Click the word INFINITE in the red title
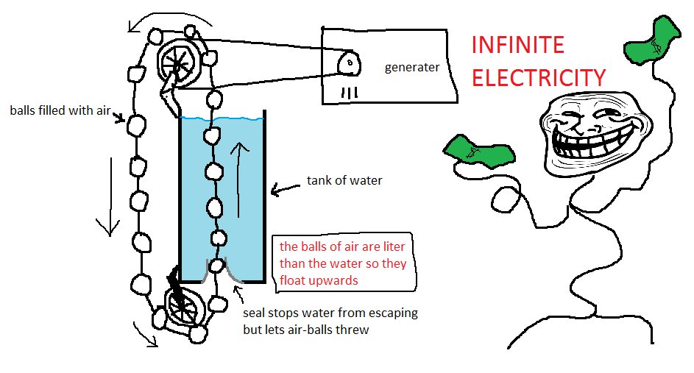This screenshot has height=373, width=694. click(x=517, y=46)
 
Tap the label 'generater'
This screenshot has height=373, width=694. click(x=412, y=68)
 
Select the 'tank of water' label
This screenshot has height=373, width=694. click(x=344, y=180)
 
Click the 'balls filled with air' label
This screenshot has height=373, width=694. click(x=60, y=111)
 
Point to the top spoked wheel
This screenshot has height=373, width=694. click(x=177, y=59)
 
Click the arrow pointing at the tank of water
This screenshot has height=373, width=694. click(x=286, y=191)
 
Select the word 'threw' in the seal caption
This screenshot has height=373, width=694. click(x=352, y=330)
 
